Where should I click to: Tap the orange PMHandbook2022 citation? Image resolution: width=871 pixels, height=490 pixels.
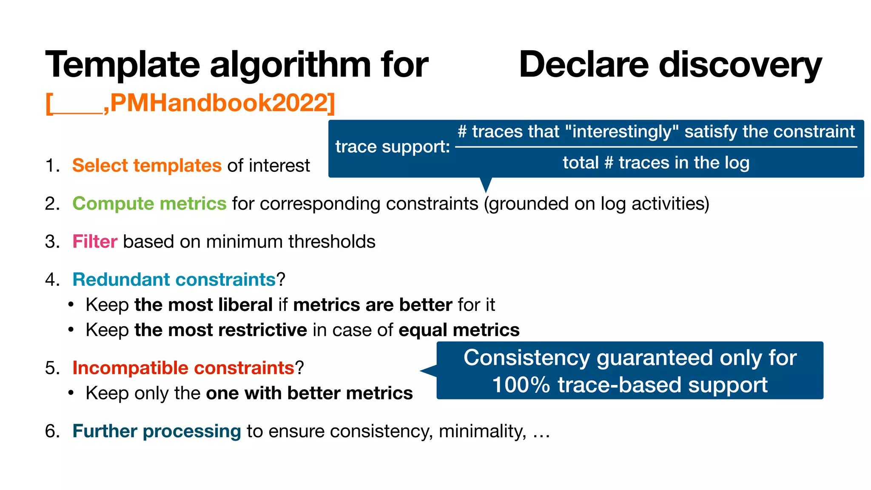click(221, 103)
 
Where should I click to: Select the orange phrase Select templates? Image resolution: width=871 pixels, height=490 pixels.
click(147, 165)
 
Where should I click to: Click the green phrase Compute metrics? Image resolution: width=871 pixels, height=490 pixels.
click(149, 203)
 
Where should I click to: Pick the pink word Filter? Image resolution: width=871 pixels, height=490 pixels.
click(94, 242)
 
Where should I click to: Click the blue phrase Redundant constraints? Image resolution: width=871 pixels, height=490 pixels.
click(174, 279)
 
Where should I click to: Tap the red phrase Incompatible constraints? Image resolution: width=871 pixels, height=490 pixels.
click(183, 368)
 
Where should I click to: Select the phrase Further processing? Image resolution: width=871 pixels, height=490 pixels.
click(157, 431)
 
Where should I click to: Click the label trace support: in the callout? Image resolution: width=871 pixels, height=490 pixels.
click(392, 147)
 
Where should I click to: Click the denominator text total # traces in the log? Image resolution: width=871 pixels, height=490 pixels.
click(656, 162)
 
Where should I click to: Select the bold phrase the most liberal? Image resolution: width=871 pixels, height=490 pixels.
click(203, 305)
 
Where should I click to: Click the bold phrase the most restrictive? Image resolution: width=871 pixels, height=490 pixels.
click(220, 330)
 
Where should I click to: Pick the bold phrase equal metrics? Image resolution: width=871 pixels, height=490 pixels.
click(459, 330)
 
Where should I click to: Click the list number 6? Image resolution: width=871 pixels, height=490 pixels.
click(51, 431)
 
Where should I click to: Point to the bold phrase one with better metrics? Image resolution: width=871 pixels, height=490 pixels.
click(309, 393)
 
